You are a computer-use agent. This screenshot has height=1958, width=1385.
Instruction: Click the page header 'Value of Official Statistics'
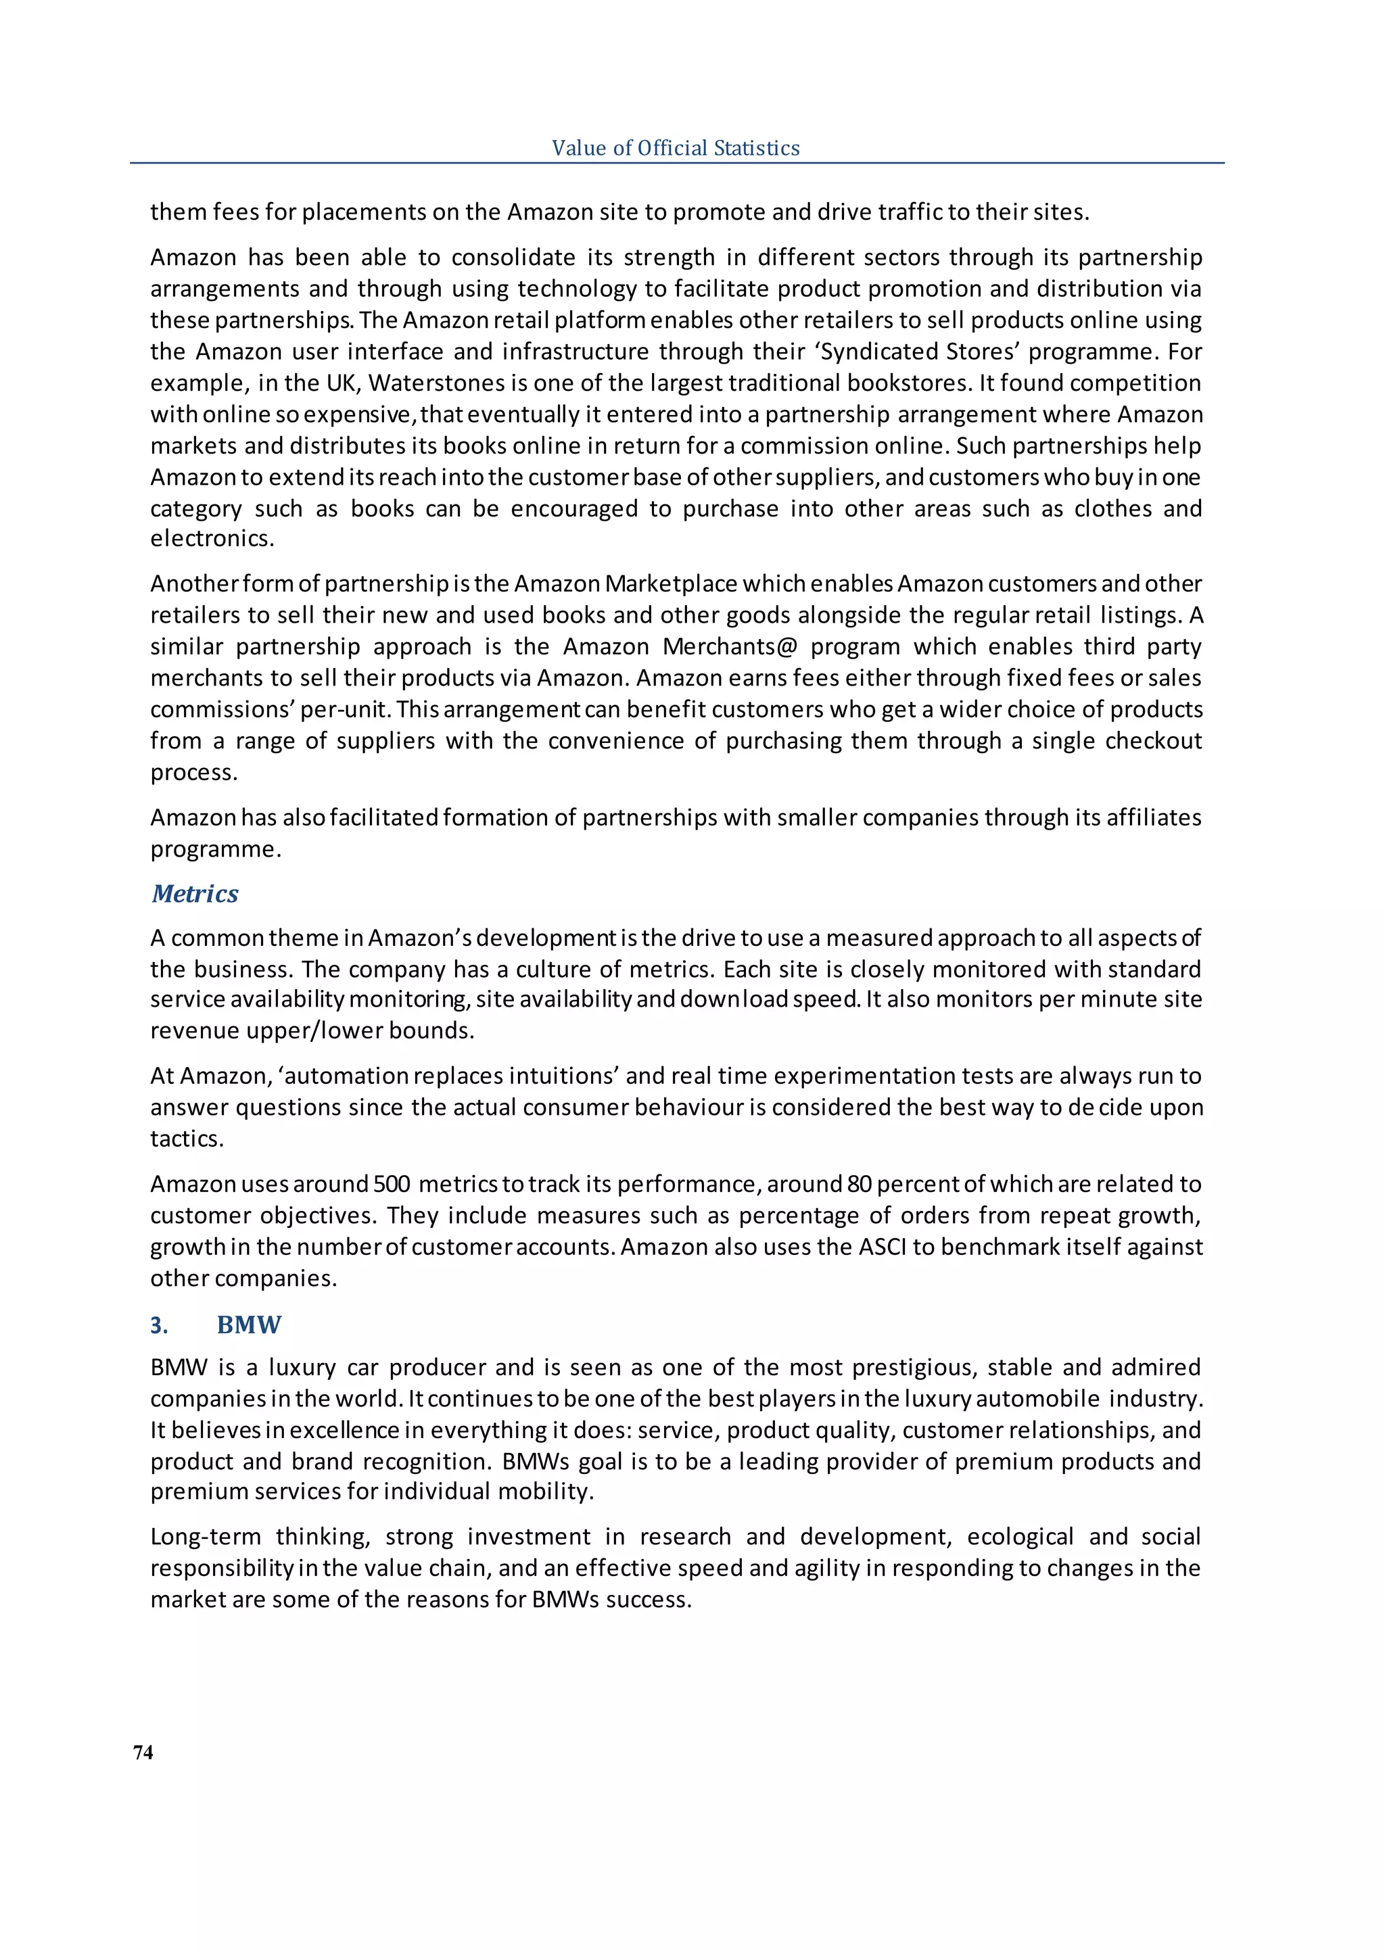click(x=676, y=148)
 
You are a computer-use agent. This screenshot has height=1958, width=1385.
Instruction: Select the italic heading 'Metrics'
click(x=195, y=894)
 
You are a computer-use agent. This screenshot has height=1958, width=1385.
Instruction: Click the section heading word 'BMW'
click(x=248, y=1324)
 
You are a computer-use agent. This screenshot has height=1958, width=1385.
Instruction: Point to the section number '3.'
click(x=159, y=1325)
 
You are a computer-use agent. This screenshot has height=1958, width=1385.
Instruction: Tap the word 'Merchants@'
click(x=729, y=646)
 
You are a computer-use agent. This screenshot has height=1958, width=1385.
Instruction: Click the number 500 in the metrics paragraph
click(x=392, y=1184)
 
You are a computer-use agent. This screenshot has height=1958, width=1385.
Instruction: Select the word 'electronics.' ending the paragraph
click(x=212, y=539)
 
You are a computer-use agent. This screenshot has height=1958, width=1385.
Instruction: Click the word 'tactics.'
click(x=187, y=1139)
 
